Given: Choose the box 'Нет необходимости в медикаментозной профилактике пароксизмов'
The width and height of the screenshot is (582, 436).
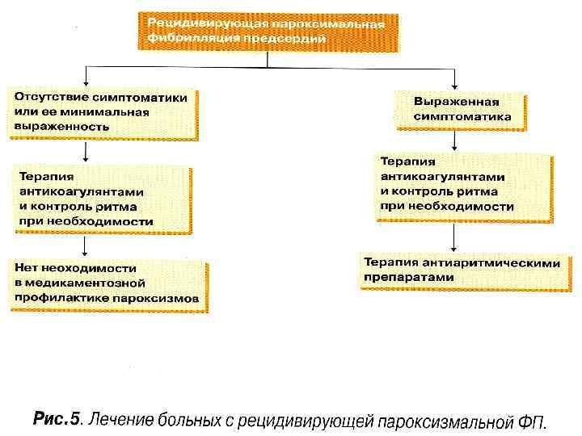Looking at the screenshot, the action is pyautogui.click(x=108, y=283).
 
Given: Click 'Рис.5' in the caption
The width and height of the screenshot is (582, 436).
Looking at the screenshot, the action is pyautogui.click(x=57, y=420).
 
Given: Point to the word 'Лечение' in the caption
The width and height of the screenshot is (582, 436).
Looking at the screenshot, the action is pyautogui.click(x=118, y=420).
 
